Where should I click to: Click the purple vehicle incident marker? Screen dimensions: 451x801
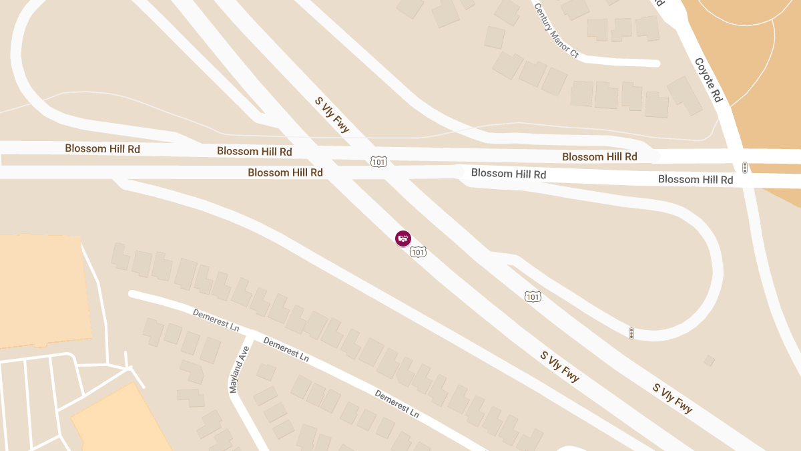click(x=403, y=238)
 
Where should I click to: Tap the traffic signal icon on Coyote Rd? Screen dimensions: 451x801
click(x=745, y=167)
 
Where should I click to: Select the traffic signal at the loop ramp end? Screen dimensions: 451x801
click(x=631, y=333)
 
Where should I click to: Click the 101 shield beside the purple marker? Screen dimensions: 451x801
click(x=419, y=252)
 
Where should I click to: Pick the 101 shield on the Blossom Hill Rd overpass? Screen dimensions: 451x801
click(x=378, y=162)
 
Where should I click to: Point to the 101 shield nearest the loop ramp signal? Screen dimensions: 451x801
click(x=532, y=296)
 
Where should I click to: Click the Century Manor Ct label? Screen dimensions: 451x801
click(x=556, y=30)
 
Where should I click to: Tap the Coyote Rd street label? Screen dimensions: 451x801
click(x=708, y=80)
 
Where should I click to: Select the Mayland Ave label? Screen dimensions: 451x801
click(x=239, y=369)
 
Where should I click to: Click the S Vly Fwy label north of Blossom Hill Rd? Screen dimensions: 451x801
click(x=332, y=115)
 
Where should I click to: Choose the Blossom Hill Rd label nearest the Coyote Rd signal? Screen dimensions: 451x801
click(x=696, y=179)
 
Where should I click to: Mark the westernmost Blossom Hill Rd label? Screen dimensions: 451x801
click(x=102, y=148)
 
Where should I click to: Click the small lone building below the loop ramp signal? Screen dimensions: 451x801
click(x=709, y=361)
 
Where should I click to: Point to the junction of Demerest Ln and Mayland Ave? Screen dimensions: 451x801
click(x=249, y=333)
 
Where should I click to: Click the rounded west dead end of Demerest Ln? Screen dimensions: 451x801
click(x=133, y=294)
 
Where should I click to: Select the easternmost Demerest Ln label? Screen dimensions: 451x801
click(x=396, y=404)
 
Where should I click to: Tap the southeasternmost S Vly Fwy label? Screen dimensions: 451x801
click(x=673, y=398)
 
